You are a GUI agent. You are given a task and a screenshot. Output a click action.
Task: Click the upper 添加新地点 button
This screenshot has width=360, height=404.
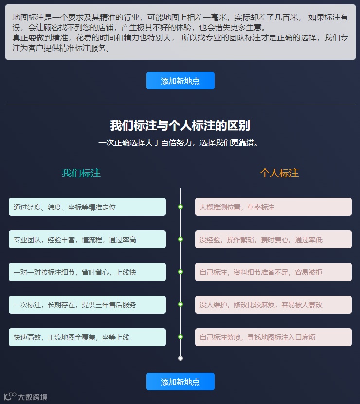point(180,81)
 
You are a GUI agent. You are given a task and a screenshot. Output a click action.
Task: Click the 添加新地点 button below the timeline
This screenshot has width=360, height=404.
point(180,382)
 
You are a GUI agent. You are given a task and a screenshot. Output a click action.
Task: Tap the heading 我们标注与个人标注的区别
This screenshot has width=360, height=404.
point(180,125)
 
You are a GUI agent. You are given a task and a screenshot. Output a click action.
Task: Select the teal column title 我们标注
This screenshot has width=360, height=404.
point(81,173)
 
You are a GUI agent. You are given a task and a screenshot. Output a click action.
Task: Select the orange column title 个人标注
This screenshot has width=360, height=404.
point(279,173)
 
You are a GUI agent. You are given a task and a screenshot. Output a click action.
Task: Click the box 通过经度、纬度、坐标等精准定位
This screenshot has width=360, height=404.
point(87,207)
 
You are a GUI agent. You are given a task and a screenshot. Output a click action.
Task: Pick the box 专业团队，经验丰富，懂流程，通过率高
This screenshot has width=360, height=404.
point(87,239)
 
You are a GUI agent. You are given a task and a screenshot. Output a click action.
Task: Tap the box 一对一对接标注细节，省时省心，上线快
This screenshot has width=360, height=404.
point(87,272)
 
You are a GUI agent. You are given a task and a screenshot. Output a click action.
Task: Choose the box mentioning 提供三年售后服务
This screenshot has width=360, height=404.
point(87,304)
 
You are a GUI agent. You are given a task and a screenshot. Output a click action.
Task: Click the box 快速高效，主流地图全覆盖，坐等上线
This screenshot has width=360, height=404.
point(87,337)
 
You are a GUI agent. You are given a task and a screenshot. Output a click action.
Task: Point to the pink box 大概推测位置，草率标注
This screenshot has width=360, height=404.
point(273,207)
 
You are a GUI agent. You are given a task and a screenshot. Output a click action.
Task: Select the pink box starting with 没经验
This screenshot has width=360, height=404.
point(273,239)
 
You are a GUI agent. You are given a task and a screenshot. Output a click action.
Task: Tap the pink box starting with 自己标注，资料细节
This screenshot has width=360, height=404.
point(273,272)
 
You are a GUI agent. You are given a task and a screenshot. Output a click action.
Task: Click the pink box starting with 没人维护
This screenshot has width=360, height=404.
point(273,304)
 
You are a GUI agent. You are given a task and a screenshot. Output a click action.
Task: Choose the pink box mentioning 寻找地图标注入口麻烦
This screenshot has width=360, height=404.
point(273,337)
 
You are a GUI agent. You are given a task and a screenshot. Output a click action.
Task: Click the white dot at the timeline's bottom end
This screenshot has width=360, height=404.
point(180,358)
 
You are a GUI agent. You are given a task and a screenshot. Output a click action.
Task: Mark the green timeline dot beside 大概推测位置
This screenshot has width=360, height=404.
point(180,207)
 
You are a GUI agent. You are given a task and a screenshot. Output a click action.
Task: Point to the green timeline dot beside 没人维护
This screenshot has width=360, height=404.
point(180,304)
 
